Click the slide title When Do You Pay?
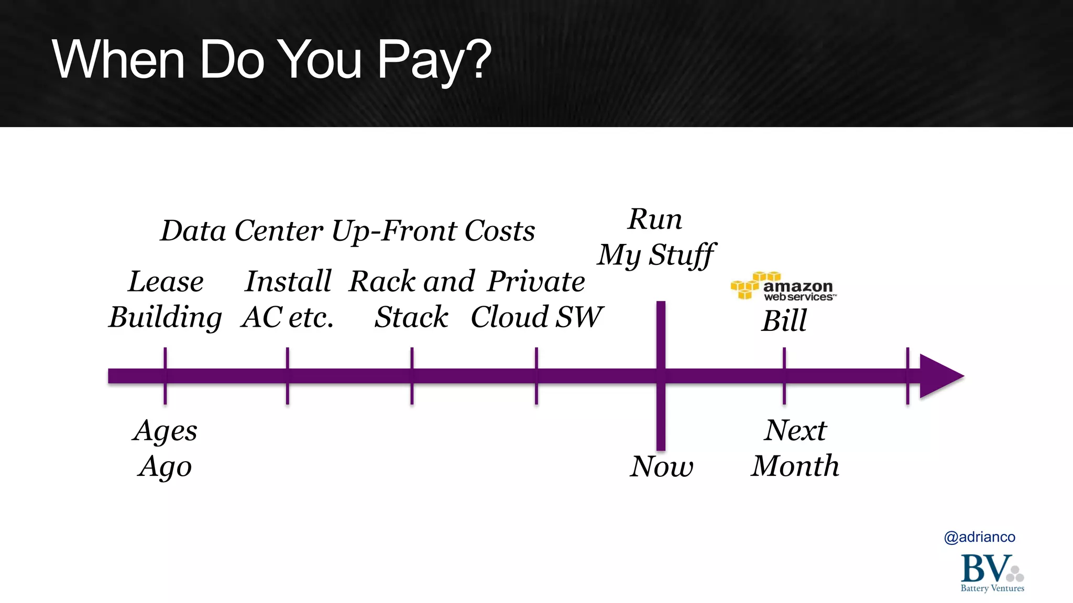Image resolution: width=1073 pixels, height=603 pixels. click(x=271, y=60)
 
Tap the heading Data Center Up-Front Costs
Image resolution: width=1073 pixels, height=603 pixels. click(x=347, y=231)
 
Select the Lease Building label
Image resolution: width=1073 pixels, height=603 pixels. click(x=166, y=299)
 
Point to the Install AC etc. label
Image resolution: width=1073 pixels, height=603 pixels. click(x=288, y=299)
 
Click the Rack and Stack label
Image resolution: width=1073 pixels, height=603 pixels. click(x=412, y=299)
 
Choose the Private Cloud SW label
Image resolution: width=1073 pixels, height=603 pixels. click(x=536, y=299)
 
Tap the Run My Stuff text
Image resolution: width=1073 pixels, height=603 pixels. click(x=655, y=237)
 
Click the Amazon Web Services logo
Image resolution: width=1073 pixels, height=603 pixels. click(x=783, y=286)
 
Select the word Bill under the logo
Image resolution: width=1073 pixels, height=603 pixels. click(x=784, y=320)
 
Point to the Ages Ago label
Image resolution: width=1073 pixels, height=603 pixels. click(x=165, y=448)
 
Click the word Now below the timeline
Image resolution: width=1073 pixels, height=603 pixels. click(x=661, y=466)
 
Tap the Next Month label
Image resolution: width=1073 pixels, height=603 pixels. click(x=795, y=448)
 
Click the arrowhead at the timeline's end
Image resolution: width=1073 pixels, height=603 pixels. click(x=940, y=376)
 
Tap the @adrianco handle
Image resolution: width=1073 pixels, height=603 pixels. click(x=979, y=537)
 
